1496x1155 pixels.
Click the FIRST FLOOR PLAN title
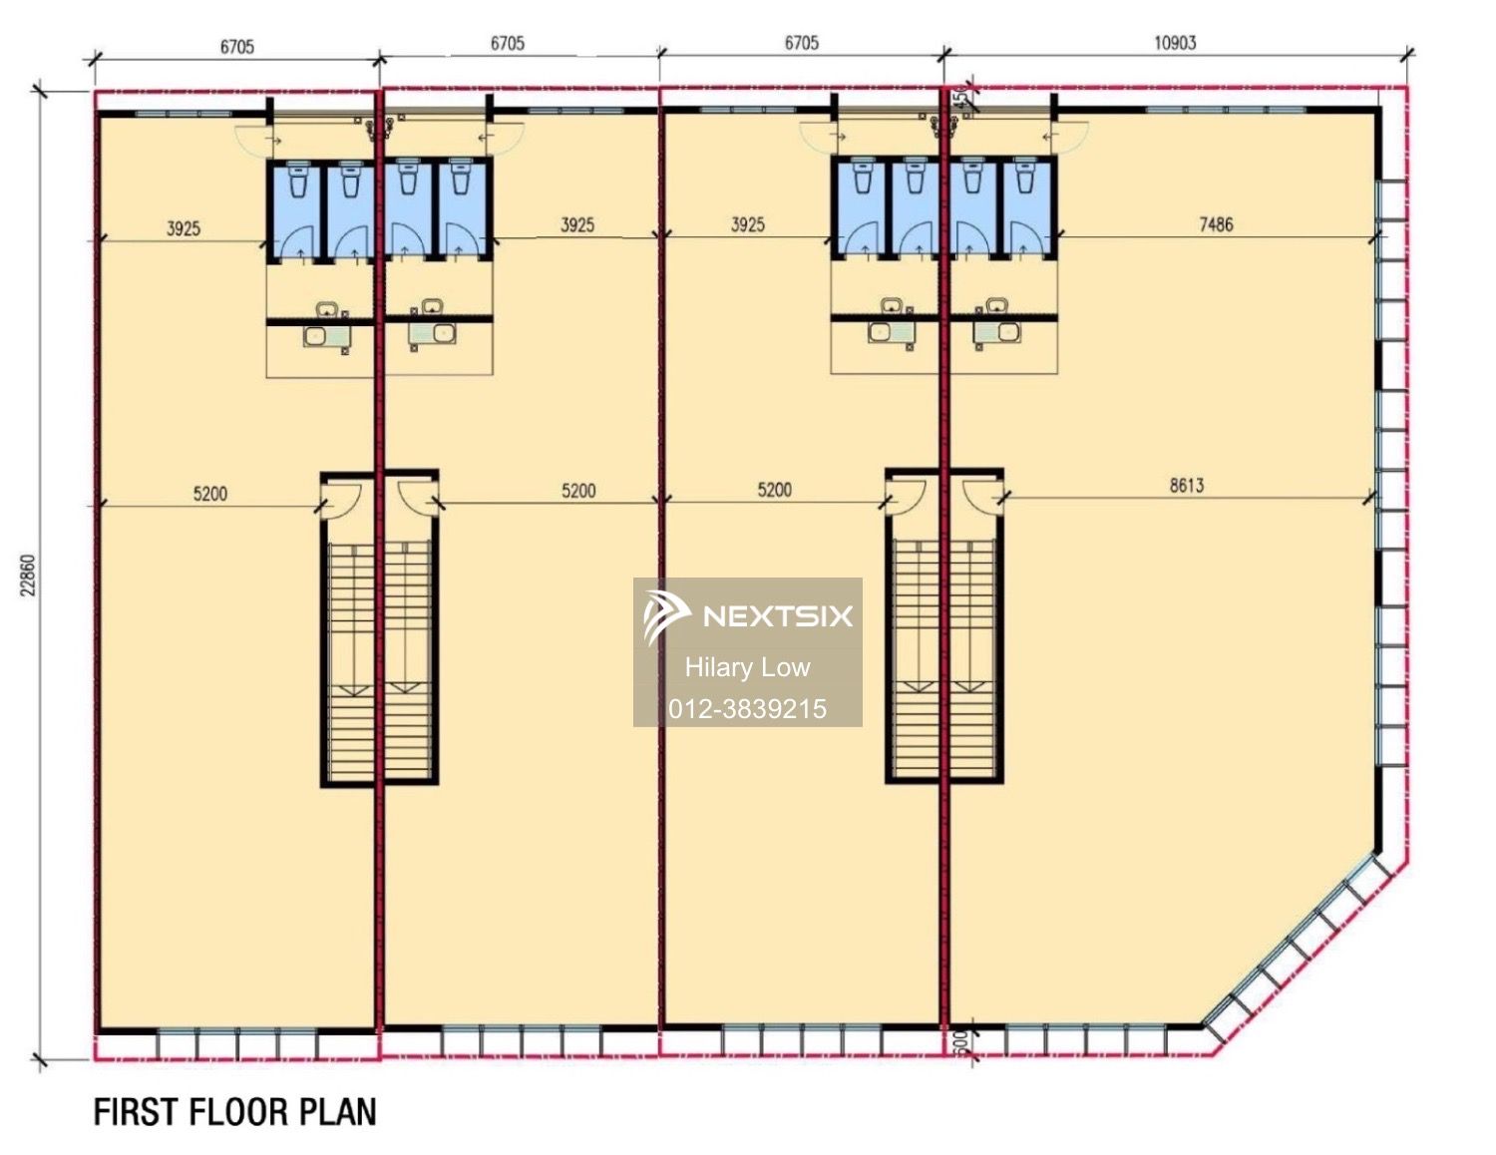coord(235,1111)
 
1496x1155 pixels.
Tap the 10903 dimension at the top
coord(1174,43)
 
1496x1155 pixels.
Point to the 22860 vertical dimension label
coord(28,576)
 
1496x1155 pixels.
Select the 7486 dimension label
coord(1216,224)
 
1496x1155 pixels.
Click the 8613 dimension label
coord(1186,486)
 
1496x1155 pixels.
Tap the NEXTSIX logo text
coord(778,615)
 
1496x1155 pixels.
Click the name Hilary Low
coord(747,667)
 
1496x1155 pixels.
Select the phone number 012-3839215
coord(747,709)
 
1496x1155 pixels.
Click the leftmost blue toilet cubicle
coord(297,209)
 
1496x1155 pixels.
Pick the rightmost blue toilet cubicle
coord(1026,209)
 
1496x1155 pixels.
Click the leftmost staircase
coord(350,658)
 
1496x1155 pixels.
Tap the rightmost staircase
coord(971,658)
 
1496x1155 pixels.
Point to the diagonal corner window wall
coord(1297,948)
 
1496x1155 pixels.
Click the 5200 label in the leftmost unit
coord(209,494)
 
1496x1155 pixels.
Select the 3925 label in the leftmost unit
coord(184,228)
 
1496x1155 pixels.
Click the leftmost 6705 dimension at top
coord(237,47)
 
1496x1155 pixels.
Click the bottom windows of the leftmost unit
coord(237,1044)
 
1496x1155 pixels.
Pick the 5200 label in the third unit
coord(774,490)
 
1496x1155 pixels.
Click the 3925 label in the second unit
coord(577,224)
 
